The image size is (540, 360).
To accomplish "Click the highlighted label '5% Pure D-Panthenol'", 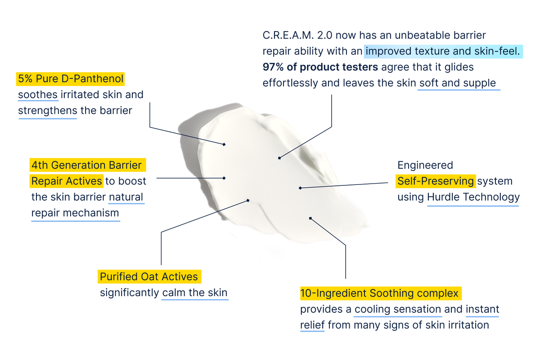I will click(x=70, y=79).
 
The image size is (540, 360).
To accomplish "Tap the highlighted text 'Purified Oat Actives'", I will click(x=148, y=276).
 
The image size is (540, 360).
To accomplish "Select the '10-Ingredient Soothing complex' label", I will click(x=381, y=294).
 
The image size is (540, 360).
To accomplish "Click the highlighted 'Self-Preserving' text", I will click(x=436, y=181).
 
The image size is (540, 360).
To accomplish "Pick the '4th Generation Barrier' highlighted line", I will click(x=88, y=165).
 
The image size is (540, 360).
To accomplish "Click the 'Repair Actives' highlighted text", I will click(x=66, y=181).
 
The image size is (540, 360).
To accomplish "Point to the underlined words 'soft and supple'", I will click(x=458, y=84).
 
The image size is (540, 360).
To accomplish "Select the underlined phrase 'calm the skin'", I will click(x=195, y=292).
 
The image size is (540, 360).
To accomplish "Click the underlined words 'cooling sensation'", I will click(x=397, y=310).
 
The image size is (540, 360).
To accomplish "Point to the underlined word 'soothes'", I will click(x=38, y=95).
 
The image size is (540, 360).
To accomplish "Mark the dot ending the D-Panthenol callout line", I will click(x=224, y=144).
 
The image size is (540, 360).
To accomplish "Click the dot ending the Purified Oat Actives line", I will click(x=248, y=200).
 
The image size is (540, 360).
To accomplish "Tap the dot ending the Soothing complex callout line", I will click(x=310, y=218).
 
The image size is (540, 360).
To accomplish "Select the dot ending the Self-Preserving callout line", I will click(x=300, y=188).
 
